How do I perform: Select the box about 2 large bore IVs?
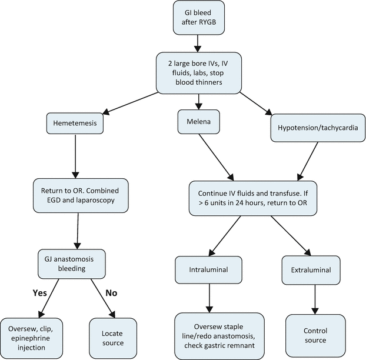pyautogui.click(x=198, y=72)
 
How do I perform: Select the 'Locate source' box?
pyautogui.click(x=113, y=335)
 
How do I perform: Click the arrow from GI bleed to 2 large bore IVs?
pyautogui.click(x=198, y=42)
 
